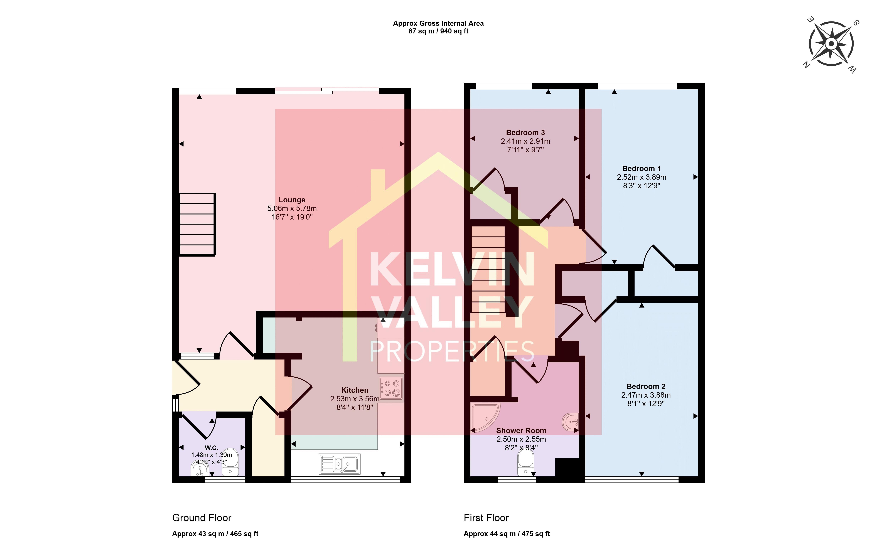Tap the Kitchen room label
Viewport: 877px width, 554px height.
pos(355,390)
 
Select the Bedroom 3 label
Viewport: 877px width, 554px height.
pos(525,133)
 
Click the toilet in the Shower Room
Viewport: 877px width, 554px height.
pos(525,463)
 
